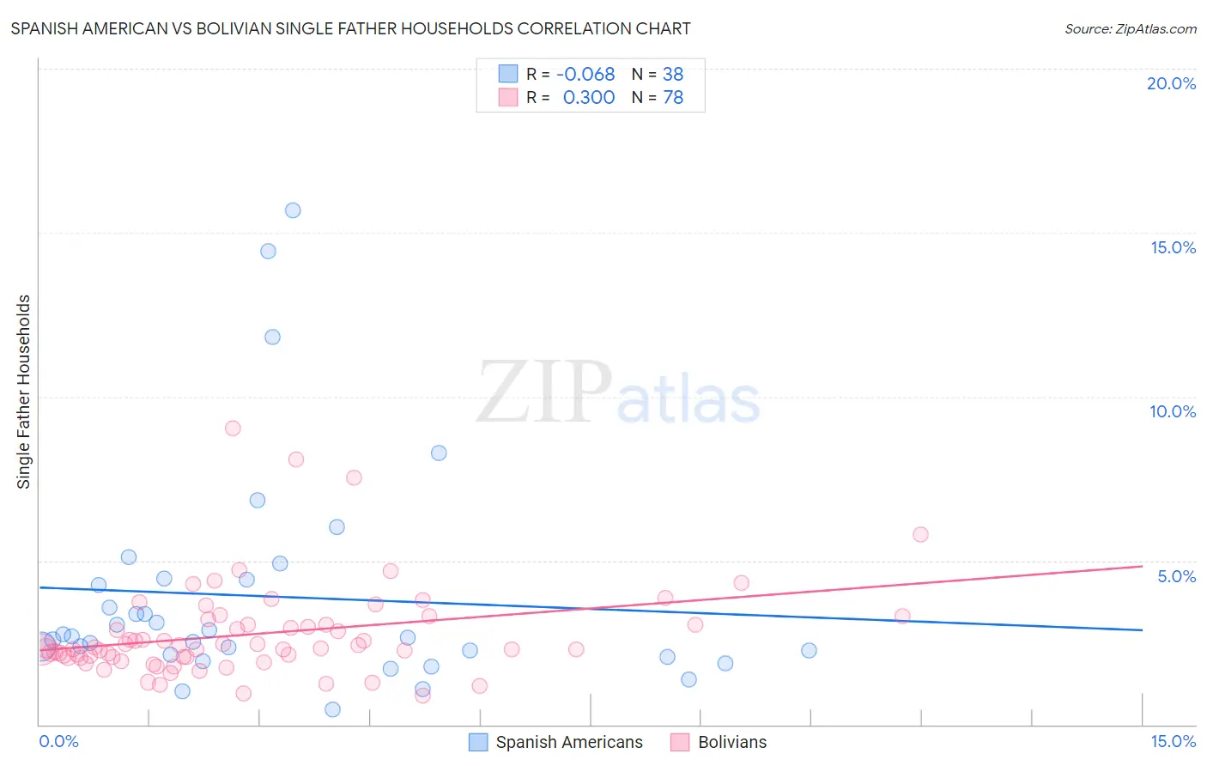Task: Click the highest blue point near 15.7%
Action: (293, 210)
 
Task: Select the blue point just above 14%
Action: (268, 252)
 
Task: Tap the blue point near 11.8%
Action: (272, 337)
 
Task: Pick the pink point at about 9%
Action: (233, 428)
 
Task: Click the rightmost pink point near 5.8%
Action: (920, 534)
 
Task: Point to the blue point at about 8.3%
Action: (439, 453)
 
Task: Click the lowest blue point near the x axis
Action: (332, 709)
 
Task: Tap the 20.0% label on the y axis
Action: (1171, 83)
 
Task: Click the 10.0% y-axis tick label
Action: (1172, 411)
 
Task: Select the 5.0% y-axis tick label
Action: (1176, 576)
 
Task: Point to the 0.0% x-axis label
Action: (58, 741)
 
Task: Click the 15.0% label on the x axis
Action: (1172, 741)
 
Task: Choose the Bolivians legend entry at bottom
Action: (731, 742)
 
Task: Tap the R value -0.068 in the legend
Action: (585, 75)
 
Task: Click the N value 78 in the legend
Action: (673, 98)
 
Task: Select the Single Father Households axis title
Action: (24, 392)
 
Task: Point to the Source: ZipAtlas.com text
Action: (1130, 28)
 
